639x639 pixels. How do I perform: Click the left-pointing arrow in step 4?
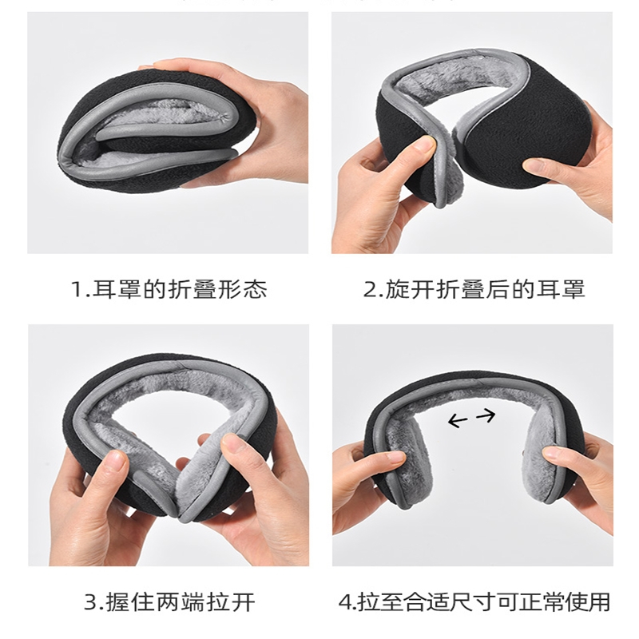pyautogui.click(x=458, y=420)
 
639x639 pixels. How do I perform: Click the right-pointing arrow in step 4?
pyautogui.click(x=486, y=415)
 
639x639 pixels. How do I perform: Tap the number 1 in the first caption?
pyautogui.click(x=77, y=290)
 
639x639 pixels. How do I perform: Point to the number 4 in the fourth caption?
pyautogui.click(x=345, y=602)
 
